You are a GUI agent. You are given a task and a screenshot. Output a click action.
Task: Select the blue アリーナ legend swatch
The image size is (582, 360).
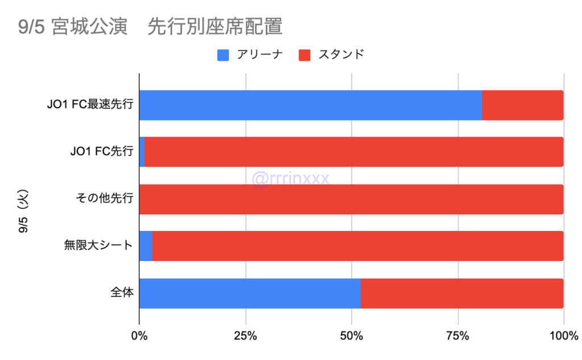coord(223,55)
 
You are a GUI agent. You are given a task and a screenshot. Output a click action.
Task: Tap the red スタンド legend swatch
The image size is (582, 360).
coord(305,55)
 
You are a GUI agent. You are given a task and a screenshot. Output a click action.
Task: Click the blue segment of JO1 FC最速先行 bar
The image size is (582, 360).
coord(310,105)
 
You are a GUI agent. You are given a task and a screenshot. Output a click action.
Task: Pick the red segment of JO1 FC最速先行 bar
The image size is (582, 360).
coord(522,105)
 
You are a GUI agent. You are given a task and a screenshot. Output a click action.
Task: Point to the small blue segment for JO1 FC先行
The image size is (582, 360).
coord(142,152)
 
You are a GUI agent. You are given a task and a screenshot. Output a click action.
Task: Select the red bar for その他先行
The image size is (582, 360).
coord(351,199)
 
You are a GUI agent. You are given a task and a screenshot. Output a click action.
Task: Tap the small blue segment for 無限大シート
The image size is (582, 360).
coord(145,246)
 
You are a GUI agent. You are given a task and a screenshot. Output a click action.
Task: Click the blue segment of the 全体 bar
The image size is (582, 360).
coord(250,293)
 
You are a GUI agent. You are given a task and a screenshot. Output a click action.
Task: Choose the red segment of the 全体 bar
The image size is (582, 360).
coord(462,293)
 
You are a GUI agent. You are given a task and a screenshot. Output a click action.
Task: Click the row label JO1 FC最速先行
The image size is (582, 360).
coord(90,105)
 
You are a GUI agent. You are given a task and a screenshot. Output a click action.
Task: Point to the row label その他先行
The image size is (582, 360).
coord(105,199)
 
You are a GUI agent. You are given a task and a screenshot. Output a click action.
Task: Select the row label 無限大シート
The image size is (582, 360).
coord(98,246)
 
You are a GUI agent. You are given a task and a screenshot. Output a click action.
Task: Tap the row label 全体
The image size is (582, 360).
coord(122,293)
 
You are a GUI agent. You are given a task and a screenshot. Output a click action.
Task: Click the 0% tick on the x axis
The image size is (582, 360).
coord(139,336)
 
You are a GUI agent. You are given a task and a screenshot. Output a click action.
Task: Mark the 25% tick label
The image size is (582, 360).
coord(246,336)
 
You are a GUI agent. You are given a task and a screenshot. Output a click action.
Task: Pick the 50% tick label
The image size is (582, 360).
coord(351,336)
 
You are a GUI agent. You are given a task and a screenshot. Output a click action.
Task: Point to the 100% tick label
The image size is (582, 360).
coord(563,336)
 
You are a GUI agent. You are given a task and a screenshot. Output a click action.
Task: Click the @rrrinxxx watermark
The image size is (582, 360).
coord(290,179)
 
